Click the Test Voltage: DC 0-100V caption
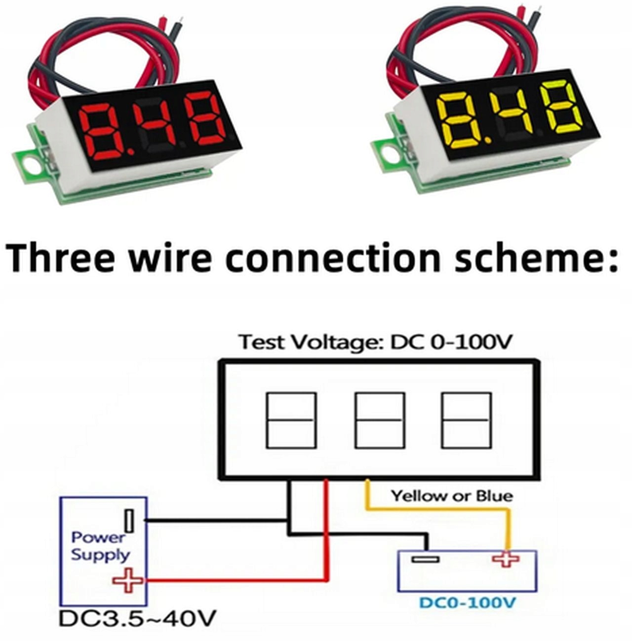coord(375,341)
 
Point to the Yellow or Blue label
coord(452,495)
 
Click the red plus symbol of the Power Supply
coord(128,581)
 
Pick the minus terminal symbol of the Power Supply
coord(129,521)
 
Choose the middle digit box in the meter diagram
coord(380,420)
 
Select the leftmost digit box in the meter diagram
coord(291,420)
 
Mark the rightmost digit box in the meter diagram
coord(466,420)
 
